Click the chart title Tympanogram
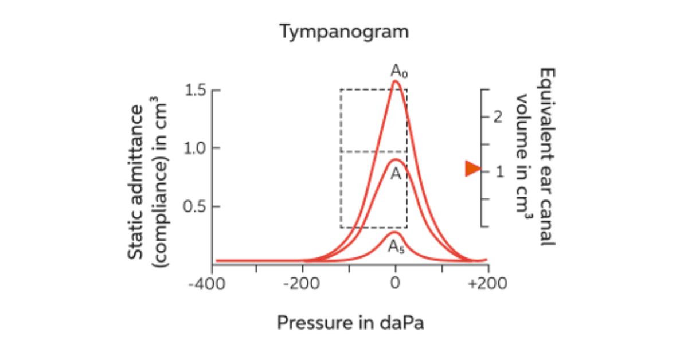(x=344, y=32)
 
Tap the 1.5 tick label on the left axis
(x=195, y=91)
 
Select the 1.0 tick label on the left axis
(x=195, y=148)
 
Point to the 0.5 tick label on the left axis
(x=195, y=206)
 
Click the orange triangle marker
(x=472, y=169)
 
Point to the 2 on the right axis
(x=497, y=118)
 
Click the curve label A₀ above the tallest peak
(x=400, y=71)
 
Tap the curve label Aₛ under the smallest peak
(x=396, y=246)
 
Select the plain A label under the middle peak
(x=396, y=174)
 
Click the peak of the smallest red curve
(x=394, y=233)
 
